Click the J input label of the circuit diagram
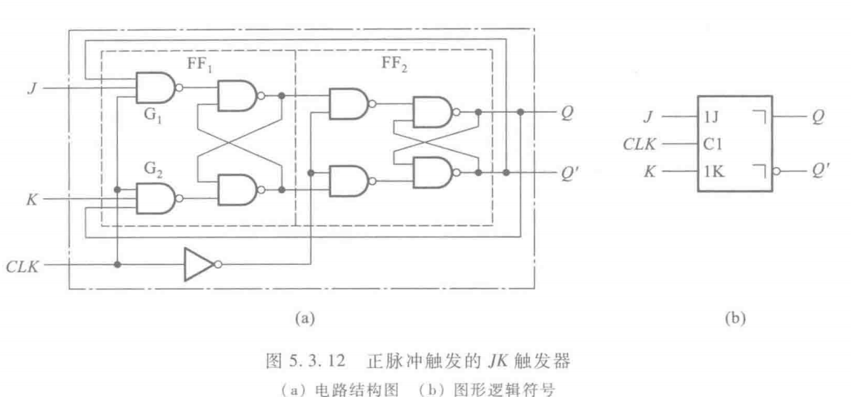coord(33,88)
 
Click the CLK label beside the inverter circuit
coord(24,266)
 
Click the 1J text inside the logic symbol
coord(712,117)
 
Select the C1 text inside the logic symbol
coord(712,145)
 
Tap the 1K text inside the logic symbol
coord(713,174)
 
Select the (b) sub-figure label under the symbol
coord(735,318)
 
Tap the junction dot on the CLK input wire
coord(116,264)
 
